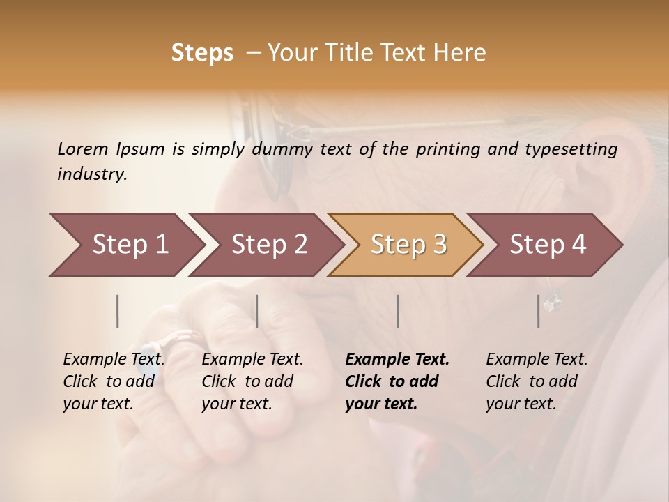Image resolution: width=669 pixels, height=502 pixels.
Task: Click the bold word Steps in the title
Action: pyautogui.click(x=202, y=52)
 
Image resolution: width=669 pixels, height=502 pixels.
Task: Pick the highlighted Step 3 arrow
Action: pyautogui.click(x=406, y=244)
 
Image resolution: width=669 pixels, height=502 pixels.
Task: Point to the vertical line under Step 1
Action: pyautogui.click(x=118, y=311)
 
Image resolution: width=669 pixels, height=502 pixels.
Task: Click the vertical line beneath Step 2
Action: pyautogui.click(x=257, y=311)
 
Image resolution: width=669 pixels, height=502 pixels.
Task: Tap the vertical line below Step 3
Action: pyautogui.click(x=397, y=311)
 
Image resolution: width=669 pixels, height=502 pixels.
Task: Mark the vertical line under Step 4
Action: pyautogui.click(x=539, y=311)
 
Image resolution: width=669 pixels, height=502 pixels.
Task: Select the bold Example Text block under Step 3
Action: pyautogui.click(x=396, y=381)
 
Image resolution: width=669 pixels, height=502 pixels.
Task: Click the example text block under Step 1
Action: pyautogui.click(x=114, y=381)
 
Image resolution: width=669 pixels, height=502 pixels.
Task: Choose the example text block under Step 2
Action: pyautogui.click(x=252, y=381)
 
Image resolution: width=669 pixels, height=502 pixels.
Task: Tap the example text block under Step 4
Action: pyautogui.click(x=537, y=381)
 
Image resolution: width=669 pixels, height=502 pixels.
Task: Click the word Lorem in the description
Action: pyautogui.click(x=83, y=149)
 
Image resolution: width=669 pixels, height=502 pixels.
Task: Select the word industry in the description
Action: pyautogui.click(x=91, y=174)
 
